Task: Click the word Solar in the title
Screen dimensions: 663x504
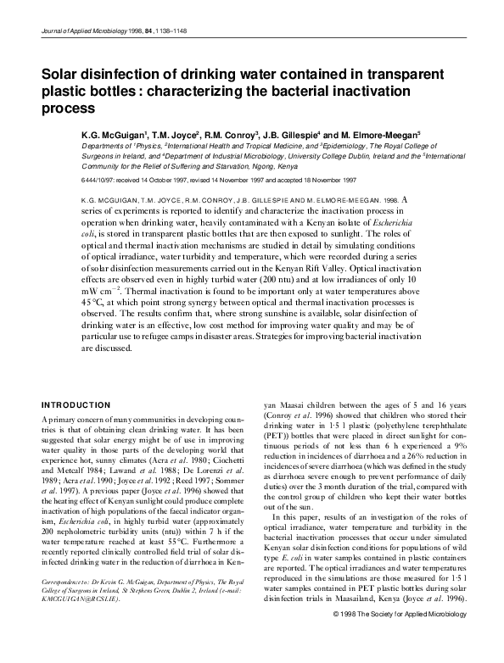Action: pos(62,75)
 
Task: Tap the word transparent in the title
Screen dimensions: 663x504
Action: pos(408,75)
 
